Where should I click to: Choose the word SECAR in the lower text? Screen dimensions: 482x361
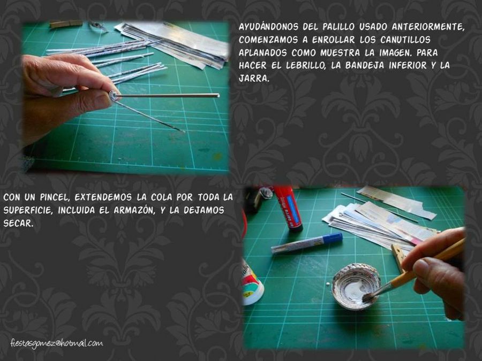(x=17, y=223)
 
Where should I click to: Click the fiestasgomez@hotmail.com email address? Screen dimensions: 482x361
(x=57, y=343)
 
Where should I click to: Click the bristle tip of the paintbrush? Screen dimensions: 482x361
(x=366, y=297)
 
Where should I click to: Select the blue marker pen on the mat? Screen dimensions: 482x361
(x=307, y=243)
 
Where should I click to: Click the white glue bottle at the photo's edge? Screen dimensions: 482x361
(x=252, y=284)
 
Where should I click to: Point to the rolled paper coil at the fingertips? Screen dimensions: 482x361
(x=114, y=96)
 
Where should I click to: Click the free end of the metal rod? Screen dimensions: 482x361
(x=218, y=96)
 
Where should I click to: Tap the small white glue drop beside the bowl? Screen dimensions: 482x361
(x=328, y=283)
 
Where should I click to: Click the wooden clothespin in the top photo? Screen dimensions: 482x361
(x=66, y=24)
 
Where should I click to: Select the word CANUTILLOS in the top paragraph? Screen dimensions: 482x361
(x=405, y=40)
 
